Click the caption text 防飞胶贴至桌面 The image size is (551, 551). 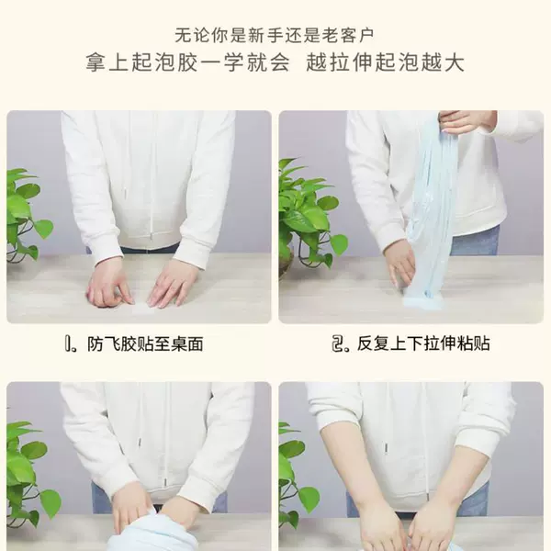(x=145, y=344)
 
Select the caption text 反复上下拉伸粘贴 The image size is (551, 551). (x=423, y=343)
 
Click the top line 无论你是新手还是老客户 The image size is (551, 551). (x=275, y=35)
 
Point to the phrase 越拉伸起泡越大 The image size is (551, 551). (x=385, y=62)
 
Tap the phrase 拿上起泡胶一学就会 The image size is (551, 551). (x=188, y=62)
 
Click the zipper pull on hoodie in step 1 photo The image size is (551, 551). (x=151, y=237)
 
